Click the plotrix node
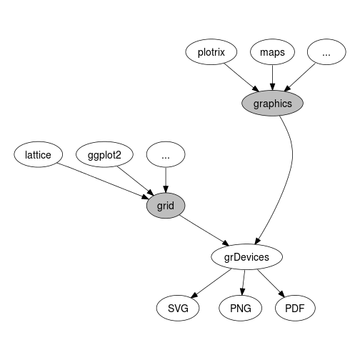(211, 52)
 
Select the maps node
(272, 52)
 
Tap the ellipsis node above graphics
(326, 52)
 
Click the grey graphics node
(272, 104)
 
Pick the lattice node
(38, 154)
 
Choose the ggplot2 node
(104, 154)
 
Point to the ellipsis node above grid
(166, 154)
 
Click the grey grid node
(166, 206)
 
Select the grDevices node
(246, 257)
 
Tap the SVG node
(178, 308)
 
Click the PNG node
(241, 308)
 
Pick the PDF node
(295, 308)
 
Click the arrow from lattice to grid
(103, 181)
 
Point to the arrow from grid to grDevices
(204, 230)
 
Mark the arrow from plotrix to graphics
(241, 77)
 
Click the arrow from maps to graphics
(273, 78)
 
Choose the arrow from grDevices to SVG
(211, 284)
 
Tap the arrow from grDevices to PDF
(271, 284)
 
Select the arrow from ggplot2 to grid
(135, 181)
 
